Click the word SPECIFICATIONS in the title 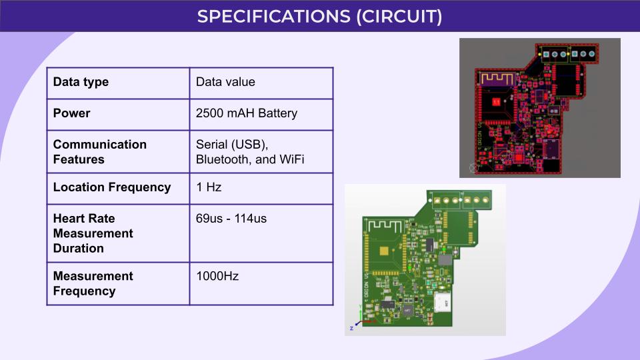pyautogui.click(x=273, y=16)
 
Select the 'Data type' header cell pyautogui.click(x=81, y=82)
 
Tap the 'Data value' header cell pyautogui.click(x=225, y=82)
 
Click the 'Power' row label pyautogui.click(x=71, y=113)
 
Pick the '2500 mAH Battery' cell pyautogui.click(x=247, y=113)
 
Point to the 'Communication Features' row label pyautogui.click(x=100, y=151)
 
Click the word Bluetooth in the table pyautogui.click(x=222, y=160)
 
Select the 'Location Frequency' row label pyautogui.click(x=112, y=187)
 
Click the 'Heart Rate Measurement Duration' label pyautogui.click(x=93, y=233)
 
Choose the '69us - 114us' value pyautogui.click(x=231, y=218)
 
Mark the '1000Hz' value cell pyautogui.click(x=217, y=276)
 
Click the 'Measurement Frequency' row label pyautogui.click(x=93, y=283)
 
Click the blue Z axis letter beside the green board pyautogui.click(x=351, y=329)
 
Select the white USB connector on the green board pyautogui.click(x=443, y=301)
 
